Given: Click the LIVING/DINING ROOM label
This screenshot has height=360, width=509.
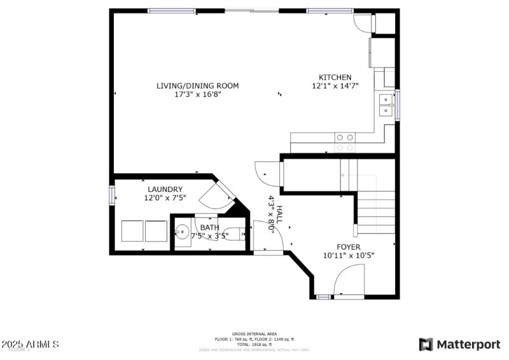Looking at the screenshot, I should point(198,85).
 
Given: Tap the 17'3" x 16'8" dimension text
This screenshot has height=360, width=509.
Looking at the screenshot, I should point(198,94).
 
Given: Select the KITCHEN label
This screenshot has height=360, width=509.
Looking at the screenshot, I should point(335,77).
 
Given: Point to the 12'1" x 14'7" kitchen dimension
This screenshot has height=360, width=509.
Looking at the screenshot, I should point(335,86).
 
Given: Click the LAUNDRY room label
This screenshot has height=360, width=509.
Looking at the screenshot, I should point(165,189).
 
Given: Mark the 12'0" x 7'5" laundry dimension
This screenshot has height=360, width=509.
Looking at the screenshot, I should point(165,198).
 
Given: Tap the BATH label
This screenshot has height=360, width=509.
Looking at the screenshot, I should point(209,227).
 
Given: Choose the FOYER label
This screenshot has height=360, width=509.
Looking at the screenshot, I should point(348,247).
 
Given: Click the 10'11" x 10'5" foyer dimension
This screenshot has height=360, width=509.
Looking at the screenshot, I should point(348,256).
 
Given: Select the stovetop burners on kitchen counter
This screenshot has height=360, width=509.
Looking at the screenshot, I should point(345,137).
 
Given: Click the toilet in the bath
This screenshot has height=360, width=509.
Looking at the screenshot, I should point(236,235).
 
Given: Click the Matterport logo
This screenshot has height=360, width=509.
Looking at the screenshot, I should point(459,344).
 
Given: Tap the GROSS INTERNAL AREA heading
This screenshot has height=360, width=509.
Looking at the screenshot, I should point(254,334).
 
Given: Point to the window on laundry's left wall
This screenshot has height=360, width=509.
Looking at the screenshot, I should point(112,195).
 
